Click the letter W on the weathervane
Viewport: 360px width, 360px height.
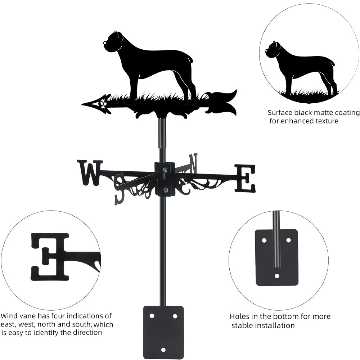[x=89, y=172]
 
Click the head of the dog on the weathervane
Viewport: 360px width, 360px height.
[x=112, y=40]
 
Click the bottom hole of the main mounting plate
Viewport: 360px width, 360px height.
[x=163, y=350]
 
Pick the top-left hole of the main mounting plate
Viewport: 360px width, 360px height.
[x=152, y=316]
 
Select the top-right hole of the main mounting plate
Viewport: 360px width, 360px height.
[x=175, y=316]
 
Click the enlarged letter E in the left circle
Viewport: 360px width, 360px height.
[x=50, y=256]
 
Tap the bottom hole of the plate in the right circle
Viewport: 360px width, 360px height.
[x=276, y=276]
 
